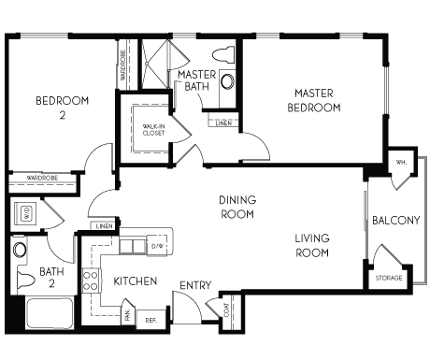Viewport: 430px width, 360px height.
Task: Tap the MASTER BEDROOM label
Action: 314,100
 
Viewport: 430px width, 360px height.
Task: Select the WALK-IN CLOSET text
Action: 152,130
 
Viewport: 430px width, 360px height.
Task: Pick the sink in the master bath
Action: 227,81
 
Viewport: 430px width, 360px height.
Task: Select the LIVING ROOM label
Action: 312,245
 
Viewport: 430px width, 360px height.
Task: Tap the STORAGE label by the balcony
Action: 389,278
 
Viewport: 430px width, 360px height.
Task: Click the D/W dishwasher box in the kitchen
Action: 157,246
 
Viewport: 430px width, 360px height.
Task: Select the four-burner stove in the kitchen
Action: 92,280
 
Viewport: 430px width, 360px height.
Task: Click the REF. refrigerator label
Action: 150,319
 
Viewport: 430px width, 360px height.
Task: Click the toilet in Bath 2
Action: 20,249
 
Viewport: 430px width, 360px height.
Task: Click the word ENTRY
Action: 194,284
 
